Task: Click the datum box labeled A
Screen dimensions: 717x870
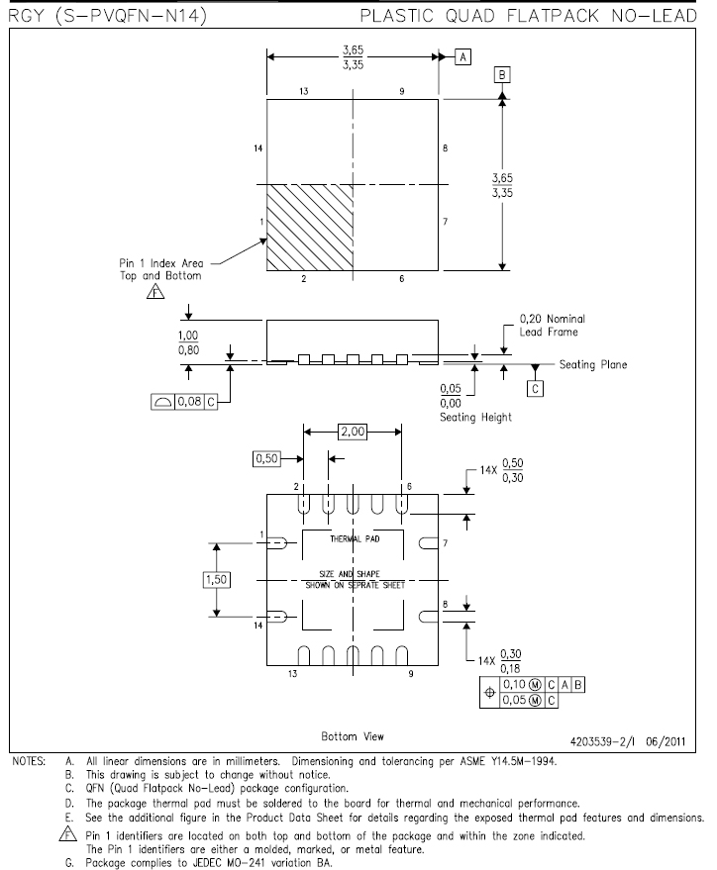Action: pos(462,57)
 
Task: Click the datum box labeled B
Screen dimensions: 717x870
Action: pos(502,75)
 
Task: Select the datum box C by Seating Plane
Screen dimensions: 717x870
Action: pos(535,389)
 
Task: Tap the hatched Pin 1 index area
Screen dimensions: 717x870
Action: pos(310,228)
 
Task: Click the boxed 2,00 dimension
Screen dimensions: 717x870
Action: pos(353,432)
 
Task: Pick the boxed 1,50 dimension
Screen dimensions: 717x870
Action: pos(217,580)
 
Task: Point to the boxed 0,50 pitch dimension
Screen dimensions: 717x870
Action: pos(266,459)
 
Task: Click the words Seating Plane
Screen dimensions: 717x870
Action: pos(593,364)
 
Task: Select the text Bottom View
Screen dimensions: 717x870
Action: pos(353,736)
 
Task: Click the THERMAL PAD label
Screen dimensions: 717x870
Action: pos(355,538)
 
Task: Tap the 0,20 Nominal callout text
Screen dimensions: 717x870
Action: pos(553,319)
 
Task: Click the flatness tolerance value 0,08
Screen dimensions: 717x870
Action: pos(190,402)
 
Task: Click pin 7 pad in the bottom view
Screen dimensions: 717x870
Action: pos(429,543)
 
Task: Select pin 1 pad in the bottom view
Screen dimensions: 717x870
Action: pos(277,543)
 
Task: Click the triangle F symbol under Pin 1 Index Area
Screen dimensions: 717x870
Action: pos(155,291)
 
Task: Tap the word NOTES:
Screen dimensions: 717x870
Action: pos(29,761)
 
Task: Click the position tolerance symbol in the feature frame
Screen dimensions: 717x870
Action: pos(489,693)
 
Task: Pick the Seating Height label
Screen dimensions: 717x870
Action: pos(475,418)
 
